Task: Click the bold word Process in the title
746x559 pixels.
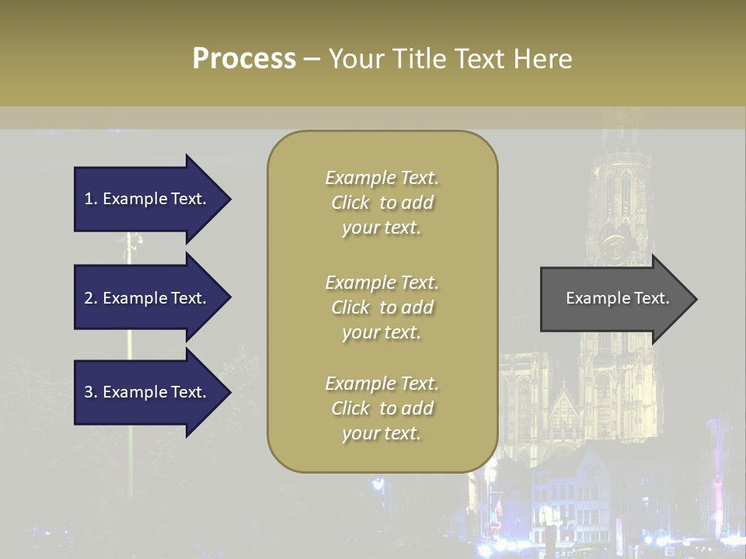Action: (244, 58)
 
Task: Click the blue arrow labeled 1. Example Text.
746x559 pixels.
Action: (148, 199)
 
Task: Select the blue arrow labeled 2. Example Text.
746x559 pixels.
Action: (148, 298)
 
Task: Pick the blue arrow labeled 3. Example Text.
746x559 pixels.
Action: (148, 392)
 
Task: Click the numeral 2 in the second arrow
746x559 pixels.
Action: (89, 298)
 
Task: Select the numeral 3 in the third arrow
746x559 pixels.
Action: (89, 392)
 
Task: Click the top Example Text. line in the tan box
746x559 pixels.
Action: (382, 178)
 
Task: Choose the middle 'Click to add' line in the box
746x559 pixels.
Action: (382, 307)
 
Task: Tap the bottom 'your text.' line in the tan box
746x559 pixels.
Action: (382, 433)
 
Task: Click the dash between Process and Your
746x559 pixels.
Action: (312, 59)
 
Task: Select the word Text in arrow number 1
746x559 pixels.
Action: (187, 199)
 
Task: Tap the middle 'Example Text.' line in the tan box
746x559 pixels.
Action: (382, 283)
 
